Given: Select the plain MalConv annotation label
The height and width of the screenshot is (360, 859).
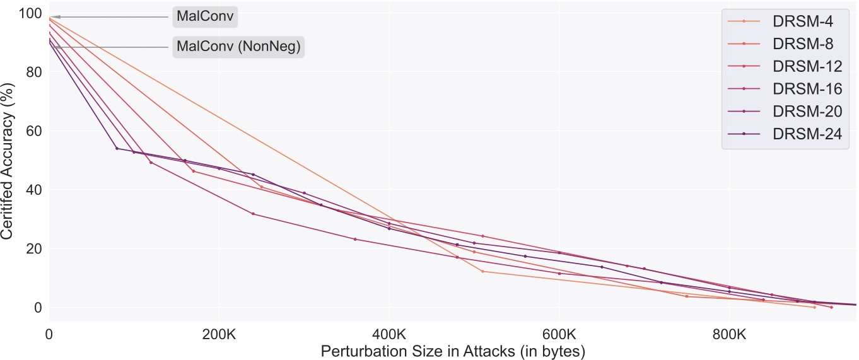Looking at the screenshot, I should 206,17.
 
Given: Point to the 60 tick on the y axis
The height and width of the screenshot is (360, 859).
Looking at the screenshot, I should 34,131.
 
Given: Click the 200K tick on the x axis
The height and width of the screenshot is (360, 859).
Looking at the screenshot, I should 219,332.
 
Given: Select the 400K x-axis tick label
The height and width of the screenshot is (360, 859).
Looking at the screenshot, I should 389,332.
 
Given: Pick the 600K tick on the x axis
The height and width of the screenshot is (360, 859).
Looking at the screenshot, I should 559,332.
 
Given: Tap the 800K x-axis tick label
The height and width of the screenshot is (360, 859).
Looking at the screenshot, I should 729,332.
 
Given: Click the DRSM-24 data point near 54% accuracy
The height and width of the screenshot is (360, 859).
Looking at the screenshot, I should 117,148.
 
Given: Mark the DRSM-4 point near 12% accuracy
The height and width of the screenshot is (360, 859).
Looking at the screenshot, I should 482,271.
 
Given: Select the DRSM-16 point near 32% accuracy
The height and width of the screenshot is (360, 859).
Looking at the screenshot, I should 253,214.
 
